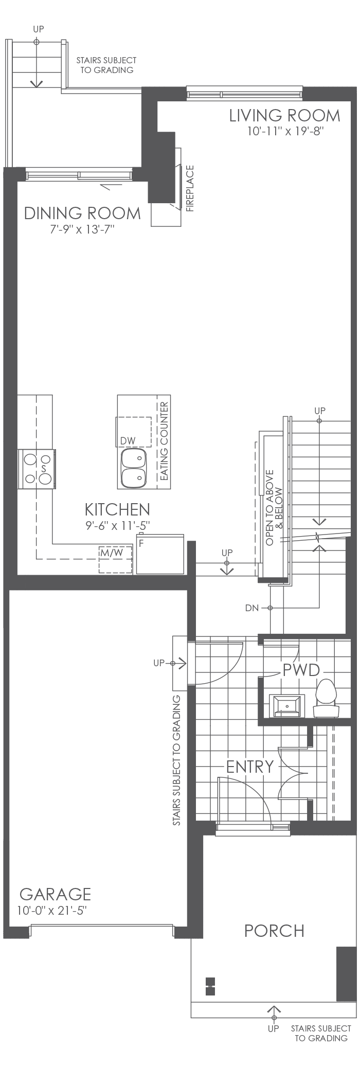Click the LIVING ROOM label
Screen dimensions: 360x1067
[284, 115]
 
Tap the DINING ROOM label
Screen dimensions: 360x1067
[82, 213]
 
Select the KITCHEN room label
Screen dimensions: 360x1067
[117, 509]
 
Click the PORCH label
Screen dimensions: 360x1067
[274, 931]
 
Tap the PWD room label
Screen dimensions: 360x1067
[301, 670]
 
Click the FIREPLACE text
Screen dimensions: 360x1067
[190, 188]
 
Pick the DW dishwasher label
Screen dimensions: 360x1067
[128, 440]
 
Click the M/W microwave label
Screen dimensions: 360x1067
[112, 553]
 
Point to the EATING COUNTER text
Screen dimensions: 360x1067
[165, 441]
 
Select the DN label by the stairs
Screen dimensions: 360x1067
[252, 608]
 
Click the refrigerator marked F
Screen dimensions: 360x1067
[160, 555]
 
